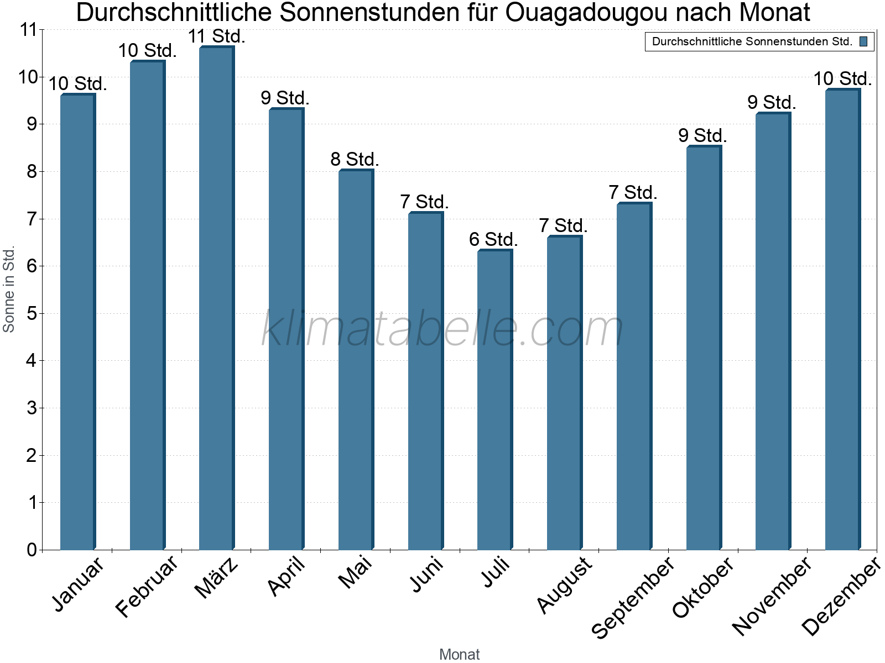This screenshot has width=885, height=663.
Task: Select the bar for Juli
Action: (x=494, y=400)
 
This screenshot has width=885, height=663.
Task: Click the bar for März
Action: (x=216, y=298)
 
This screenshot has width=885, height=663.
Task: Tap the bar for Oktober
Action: (x=704, y=348)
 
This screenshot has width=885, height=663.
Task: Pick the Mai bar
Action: (x=356, y=360)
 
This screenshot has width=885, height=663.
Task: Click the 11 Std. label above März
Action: (x=216, y=36)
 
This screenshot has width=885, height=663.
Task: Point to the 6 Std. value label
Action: (x=493, y=240)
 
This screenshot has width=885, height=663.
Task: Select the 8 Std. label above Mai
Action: (x=355, y=160)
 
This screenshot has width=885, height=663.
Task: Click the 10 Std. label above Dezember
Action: (x=842, y=79)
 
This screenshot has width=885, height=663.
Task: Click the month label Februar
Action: (x=147, y=587)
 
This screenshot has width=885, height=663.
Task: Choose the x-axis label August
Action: (x=564, y=585)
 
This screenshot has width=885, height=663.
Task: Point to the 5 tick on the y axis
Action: (x=32, y=314)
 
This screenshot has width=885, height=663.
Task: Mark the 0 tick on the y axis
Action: (x=32, y=550)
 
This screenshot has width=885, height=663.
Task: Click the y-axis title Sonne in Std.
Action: (x=9, y=289)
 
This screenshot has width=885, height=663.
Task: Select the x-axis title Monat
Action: (x=459, y=654)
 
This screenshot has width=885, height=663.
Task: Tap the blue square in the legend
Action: (x=863, y=41)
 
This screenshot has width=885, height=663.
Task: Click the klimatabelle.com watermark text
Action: (x=442, y=329)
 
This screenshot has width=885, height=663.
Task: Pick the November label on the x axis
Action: (x=772, y=596)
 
